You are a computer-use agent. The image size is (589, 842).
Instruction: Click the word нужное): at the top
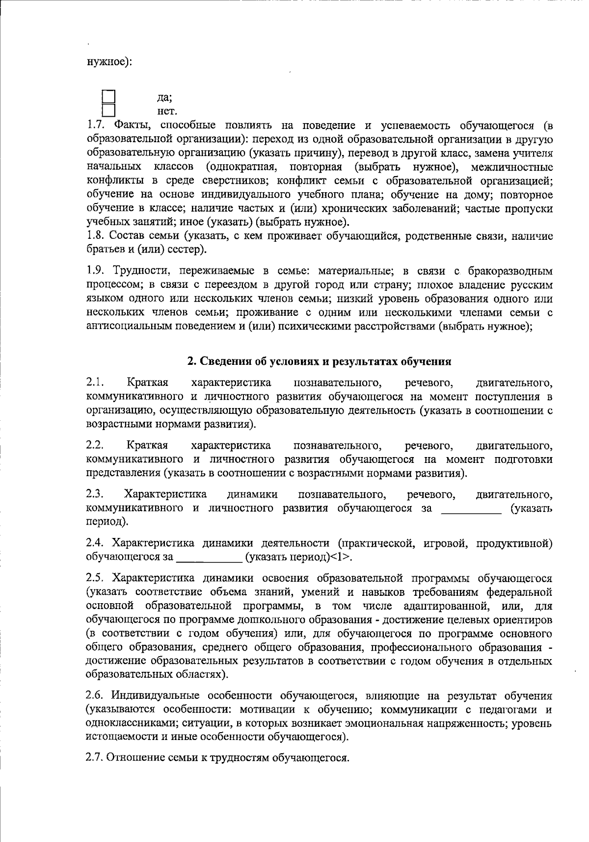pos(109,62)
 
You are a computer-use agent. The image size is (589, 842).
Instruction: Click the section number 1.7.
pos(94,126)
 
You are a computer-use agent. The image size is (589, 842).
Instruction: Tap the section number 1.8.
pos(94,236)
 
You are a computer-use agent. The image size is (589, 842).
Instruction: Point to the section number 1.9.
pos(94,271)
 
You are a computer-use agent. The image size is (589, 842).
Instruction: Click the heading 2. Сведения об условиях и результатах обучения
pos(319,361)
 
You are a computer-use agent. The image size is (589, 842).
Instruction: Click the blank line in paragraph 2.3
pos(471,510)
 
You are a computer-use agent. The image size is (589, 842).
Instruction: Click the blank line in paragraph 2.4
pos(209,558)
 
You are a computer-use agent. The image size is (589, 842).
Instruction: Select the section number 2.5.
pos(94,578)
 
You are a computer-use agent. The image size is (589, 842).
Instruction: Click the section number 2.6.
pos(94,695)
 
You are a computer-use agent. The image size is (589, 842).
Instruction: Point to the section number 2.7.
pos(94,757)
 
